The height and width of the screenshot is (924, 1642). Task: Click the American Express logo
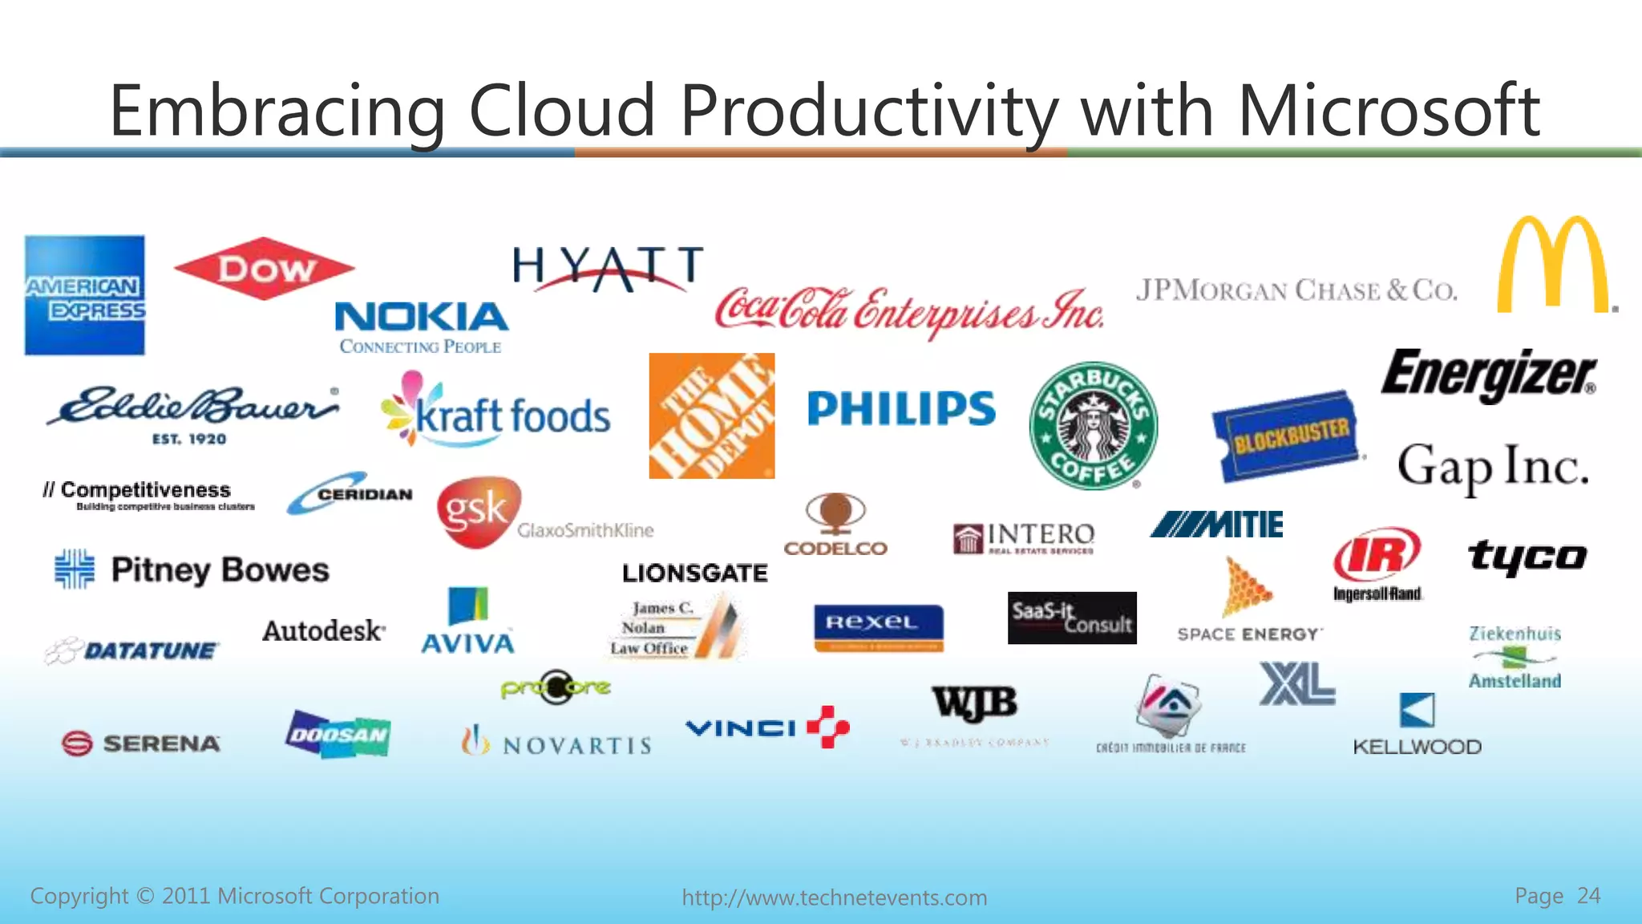[85, 294]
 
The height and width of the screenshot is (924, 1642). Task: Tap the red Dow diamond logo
[264, 269]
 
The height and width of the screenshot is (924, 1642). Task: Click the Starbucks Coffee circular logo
[1094, 425]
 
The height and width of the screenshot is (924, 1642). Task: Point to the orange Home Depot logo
[712, 415]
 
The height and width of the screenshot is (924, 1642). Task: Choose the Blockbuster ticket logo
[1288, 436]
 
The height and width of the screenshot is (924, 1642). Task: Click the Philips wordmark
[901, 408]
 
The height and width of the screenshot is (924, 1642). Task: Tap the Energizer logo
[1488, 375]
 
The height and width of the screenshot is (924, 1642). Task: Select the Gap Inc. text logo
[1492, 467]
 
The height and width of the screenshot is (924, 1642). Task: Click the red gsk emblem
[478, 512]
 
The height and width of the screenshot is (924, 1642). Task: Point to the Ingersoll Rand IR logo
[1377, 555]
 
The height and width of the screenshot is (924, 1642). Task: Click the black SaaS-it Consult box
[1072, 618]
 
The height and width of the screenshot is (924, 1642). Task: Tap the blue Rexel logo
[878, 626]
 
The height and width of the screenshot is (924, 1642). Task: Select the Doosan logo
[338, 734]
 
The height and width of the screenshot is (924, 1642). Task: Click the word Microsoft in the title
[1388, 111]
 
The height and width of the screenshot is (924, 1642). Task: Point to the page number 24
[1588, 895]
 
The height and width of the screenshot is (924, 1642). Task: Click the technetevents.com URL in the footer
[834, 898]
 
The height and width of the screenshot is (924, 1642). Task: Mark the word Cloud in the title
[562, 111]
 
